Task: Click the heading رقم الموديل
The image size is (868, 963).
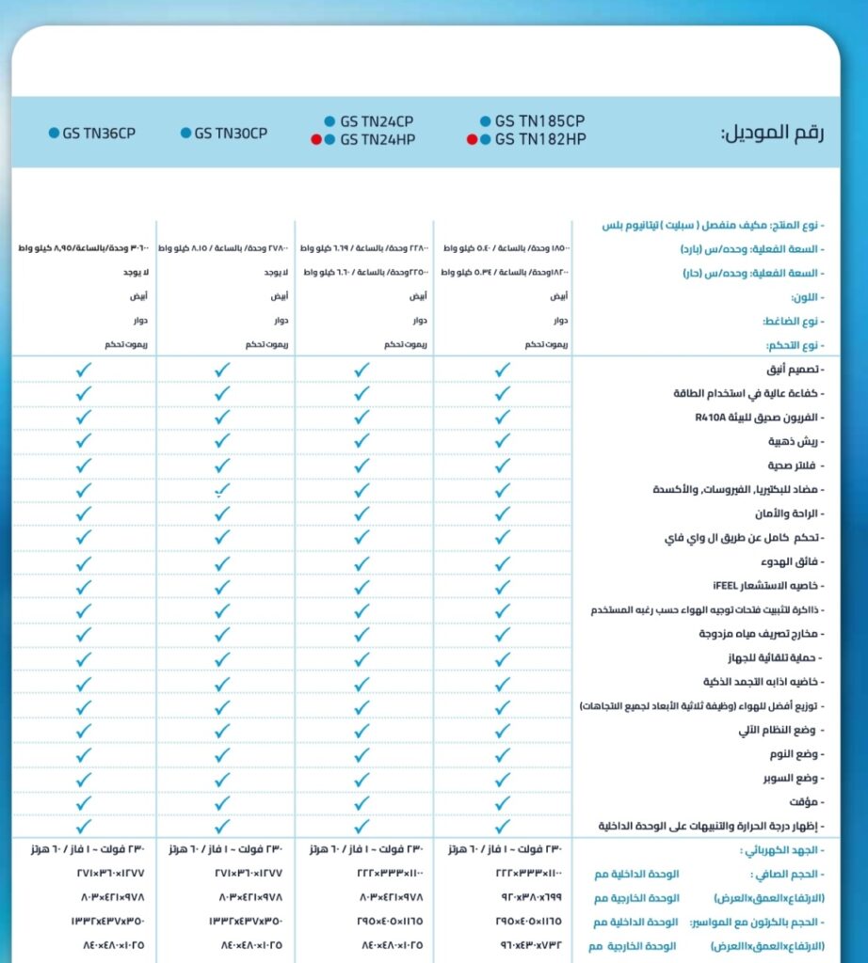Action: click(x=772, y=133)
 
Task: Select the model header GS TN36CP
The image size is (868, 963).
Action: click(x=99, y=134)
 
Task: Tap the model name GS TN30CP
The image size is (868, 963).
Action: click(x=231, y=134)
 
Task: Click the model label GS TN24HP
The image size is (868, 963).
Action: click(x=377, y=140)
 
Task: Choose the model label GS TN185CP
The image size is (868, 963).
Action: click(x=539, y=121)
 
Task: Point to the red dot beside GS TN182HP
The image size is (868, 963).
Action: click(x=472, y=140)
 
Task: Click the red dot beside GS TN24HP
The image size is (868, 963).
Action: click(x=316, y=140)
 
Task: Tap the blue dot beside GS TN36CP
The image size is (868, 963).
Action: click(x=54, y=134)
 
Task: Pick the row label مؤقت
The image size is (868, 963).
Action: click(x=806, y=802)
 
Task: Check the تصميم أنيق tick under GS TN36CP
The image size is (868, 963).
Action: click(x=84, y=370)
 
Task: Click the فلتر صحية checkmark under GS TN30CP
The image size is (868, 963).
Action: click(x=222, y=466)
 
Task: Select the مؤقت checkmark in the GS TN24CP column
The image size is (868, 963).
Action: click(x=362, y=802)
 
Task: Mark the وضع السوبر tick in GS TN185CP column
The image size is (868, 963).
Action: click(x=502, y=779)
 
